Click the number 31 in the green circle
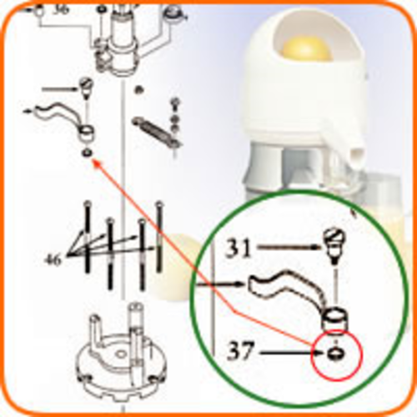[x=239, y=249]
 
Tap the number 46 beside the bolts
[x=53, y=260]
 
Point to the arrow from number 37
[x=291, y=353]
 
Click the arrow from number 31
[x=289, y=247]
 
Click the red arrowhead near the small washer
[x=96, y=163]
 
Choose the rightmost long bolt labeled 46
[x=159, y=236]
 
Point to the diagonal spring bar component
[x=156, y=131]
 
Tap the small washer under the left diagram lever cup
[x=88, y=153]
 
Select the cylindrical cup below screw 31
[x=336, y=319]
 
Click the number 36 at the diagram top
[x=61, y=11]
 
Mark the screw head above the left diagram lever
[x=86, y=86]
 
